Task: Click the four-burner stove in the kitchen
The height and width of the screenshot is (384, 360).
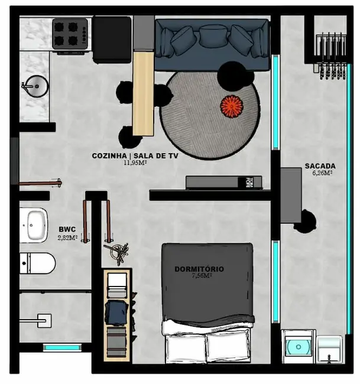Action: pyautogui.click(x=70, y=34)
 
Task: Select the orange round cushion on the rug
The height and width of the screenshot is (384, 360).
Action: pyautogui.click(x=232, y=106)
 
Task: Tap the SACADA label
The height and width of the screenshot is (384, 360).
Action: pyautogui.click(x=320, y=166)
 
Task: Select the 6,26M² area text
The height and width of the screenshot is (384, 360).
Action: pyautogui.click(x=322, y=173)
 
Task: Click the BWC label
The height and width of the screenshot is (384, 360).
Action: pyautogui.click(x=66, y=230)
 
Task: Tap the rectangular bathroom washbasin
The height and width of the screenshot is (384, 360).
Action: pyautogui.click(x=36, y=224)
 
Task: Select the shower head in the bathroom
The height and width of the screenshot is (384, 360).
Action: pyautogui.click(x=43, y=321)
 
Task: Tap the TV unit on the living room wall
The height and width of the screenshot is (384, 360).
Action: pyautogui.click(x=220, y=182)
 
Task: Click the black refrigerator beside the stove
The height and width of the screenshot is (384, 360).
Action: pyautogui.click(x=112, y=39)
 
